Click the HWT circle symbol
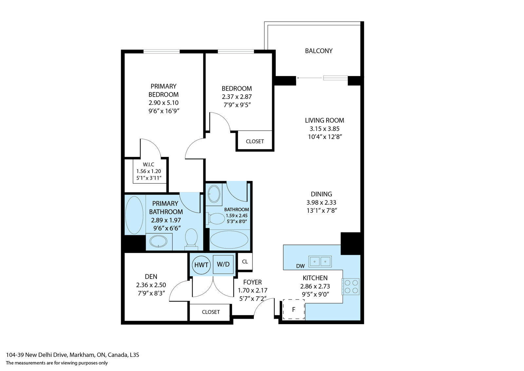tap(201, 265)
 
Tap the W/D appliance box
tap(223, 264)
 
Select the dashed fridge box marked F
tap(294, 309)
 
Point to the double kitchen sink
tap(320, 262)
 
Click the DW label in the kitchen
tap(300, 266)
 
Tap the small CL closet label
tap(245, 262)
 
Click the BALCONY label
tap(319, 51)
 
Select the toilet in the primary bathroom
tap(191, 237)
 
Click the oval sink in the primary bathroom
tap(159, 241)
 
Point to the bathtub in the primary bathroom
tap(134, 215)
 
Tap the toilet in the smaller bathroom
tap(215, 219)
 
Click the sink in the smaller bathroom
tap(214, 194)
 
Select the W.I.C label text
tap(149, 165)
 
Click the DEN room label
tap(151, 276)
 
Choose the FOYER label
tap(253, 282)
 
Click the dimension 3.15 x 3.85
tap(325, 128)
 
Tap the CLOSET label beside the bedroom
tap(255, 141)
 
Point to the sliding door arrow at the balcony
tap(310, 78)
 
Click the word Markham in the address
tap(82, 355)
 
